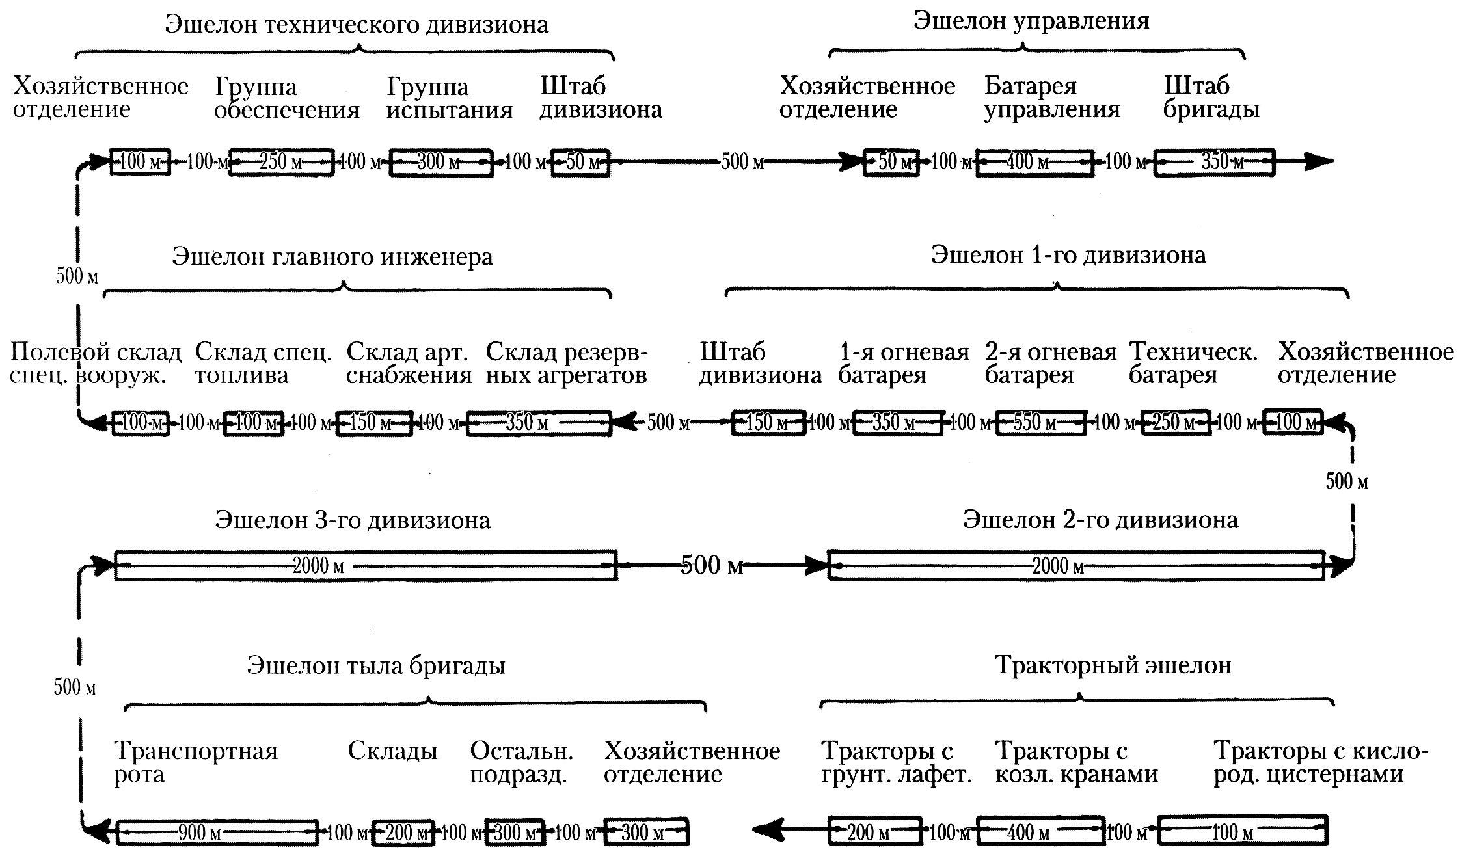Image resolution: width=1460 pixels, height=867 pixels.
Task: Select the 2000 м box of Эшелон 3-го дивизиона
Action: click(366, 565)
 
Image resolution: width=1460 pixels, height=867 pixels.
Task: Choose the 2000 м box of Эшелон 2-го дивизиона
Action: click(1076, 565)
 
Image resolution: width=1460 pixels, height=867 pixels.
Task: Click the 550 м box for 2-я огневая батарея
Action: click(1041, 423)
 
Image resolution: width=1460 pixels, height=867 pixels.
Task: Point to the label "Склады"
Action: click(392, 751)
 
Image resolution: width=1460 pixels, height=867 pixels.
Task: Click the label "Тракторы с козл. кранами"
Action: click(1077, 763)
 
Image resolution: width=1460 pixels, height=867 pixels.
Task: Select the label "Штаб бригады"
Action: click(1211, 98)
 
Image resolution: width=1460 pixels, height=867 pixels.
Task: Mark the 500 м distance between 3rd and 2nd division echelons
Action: click(712, 565)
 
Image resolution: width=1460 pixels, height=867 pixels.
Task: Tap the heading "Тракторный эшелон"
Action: click(1113, 665)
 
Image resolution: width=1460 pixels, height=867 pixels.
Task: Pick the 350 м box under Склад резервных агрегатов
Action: click(539, 423)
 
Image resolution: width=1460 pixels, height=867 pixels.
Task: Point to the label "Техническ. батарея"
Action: click(1193, 364)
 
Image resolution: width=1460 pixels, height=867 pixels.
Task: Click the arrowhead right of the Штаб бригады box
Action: click(1318, 161)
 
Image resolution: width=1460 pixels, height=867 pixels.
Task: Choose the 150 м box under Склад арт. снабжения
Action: click(374, 423)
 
